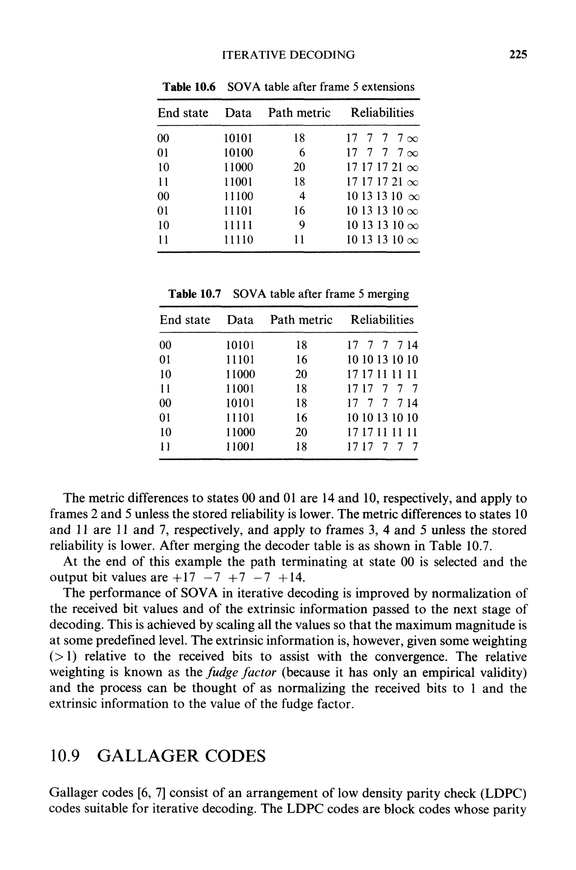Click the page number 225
coord(518,55)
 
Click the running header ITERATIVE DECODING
coord(289,55)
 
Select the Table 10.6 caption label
coord(189,87)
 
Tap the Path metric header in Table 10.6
coord(299,113)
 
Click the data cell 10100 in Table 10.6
coord(238,153)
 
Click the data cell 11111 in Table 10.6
coord(238,225)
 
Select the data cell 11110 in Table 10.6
coord(238,240)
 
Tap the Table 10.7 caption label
coord(195,294)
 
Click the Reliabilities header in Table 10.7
coord(382,320)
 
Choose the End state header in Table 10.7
coord(185,320)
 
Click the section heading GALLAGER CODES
coord(182,756)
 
